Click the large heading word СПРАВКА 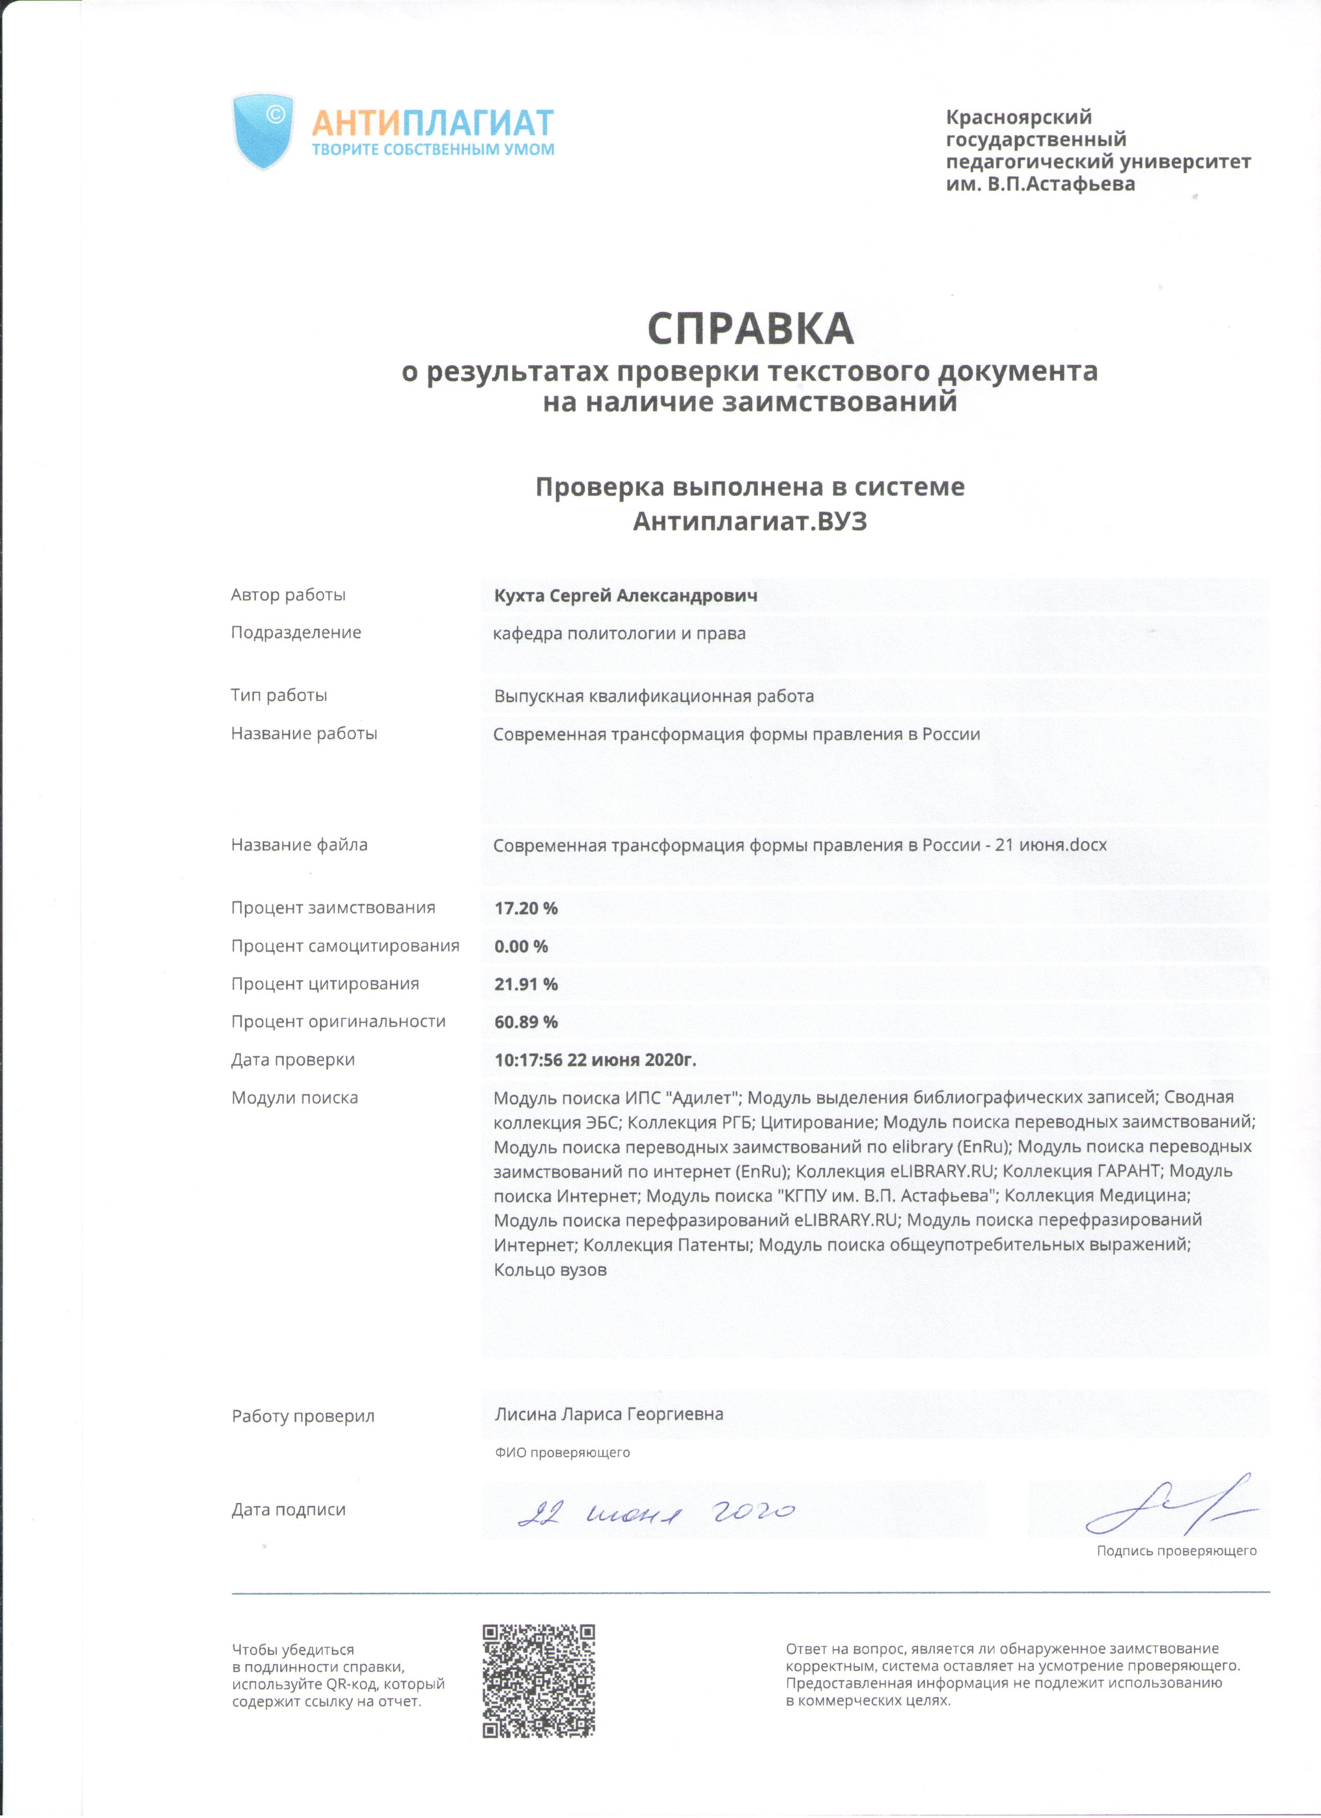click(750, 329)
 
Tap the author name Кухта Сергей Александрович click(625, 596)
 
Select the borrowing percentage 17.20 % click(526, 908)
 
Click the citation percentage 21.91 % click(526, 984)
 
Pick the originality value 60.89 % click(526, 1022)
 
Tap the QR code click(539, 1681)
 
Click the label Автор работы click(289, 595)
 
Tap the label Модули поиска click(294, 1098)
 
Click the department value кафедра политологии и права click(619, 633)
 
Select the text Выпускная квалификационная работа click(653, 696)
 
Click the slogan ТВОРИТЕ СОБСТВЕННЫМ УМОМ click(433, 150)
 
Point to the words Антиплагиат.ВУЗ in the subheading click(750, 522)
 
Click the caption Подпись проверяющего click(1176, 1551)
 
